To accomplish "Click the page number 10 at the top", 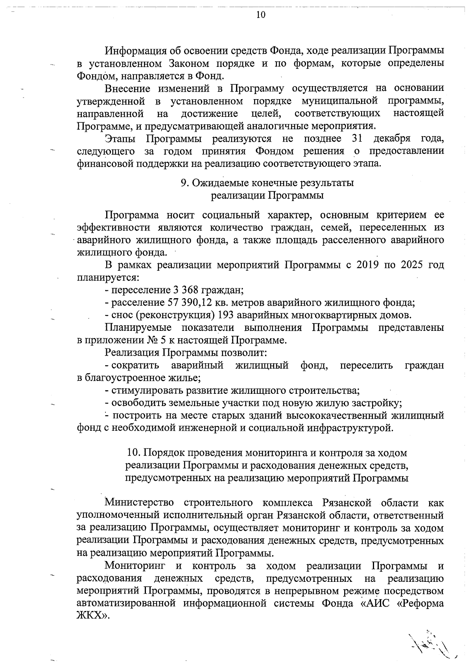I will tap(261, 15).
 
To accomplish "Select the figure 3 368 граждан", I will tap(185, 290).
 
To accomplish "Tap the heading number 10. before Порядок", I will tap(133, 453).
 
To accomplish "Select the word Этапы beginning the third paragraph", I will tap(120, 138).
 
